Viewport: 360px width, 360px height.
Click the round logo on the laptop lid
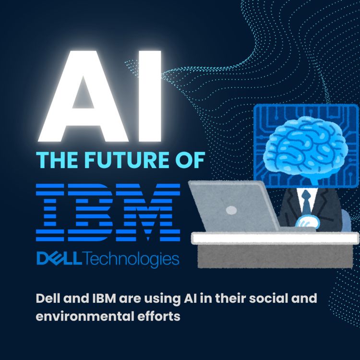pos(231,210)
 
